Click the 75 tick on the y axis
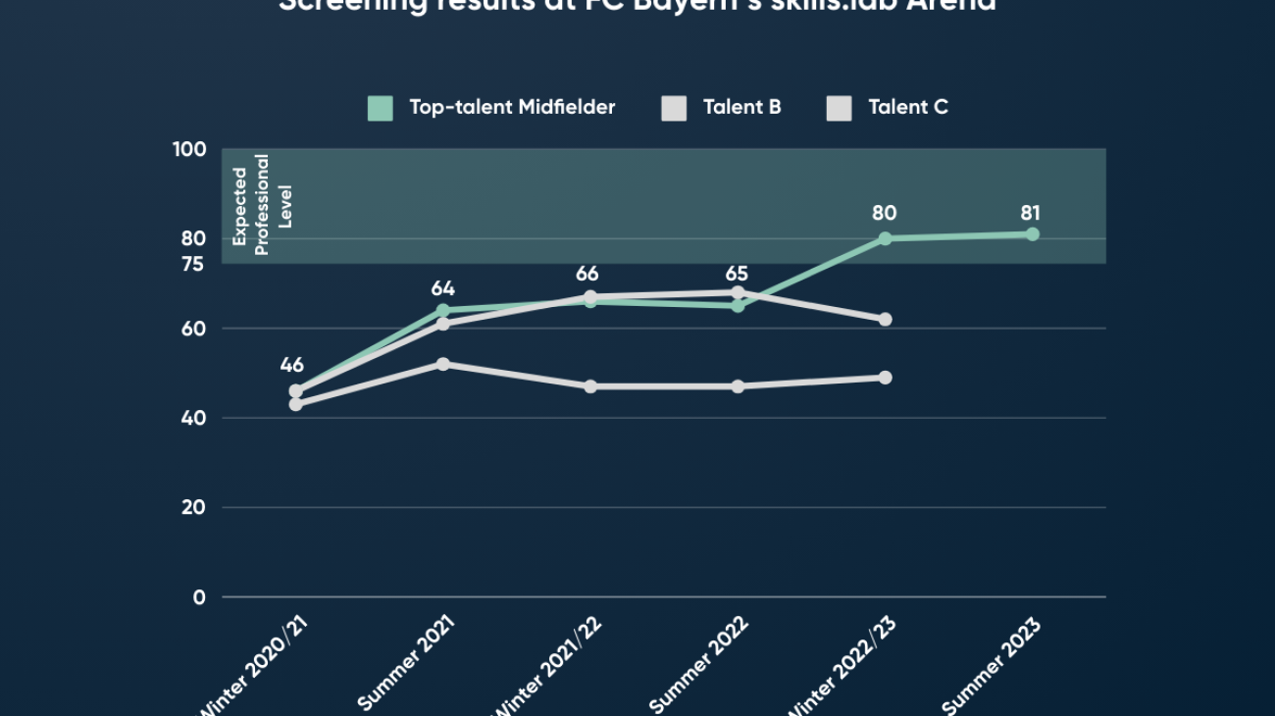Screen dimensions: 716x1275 point(193,264)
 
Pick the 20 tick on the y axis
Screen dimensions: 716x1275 point(193,507)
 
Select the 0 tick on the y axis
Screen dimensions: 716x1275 point(199,596)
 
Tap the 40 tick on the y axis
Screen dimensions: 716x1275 point(193,418)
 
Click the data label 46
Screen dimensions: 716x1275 point(291,365)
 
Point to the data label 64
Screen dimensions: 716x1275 point(443,288)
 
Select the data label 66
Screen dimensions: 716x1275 point(586,274)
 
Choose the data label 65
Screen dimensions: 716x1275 point(738,274)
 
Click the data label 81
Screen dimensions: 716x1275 point(1030,213)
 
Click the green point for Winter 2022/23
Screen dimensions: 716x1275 point(885,238)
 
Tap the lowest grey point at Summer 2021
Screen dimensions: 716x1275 point(443,364)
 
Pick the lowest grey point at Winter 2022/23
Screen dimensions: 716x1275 point(885,378)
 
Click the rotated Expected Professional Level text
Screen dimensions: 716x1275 point(262,204)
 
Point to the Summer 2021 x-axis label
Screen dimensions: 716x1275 point(406,665)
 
